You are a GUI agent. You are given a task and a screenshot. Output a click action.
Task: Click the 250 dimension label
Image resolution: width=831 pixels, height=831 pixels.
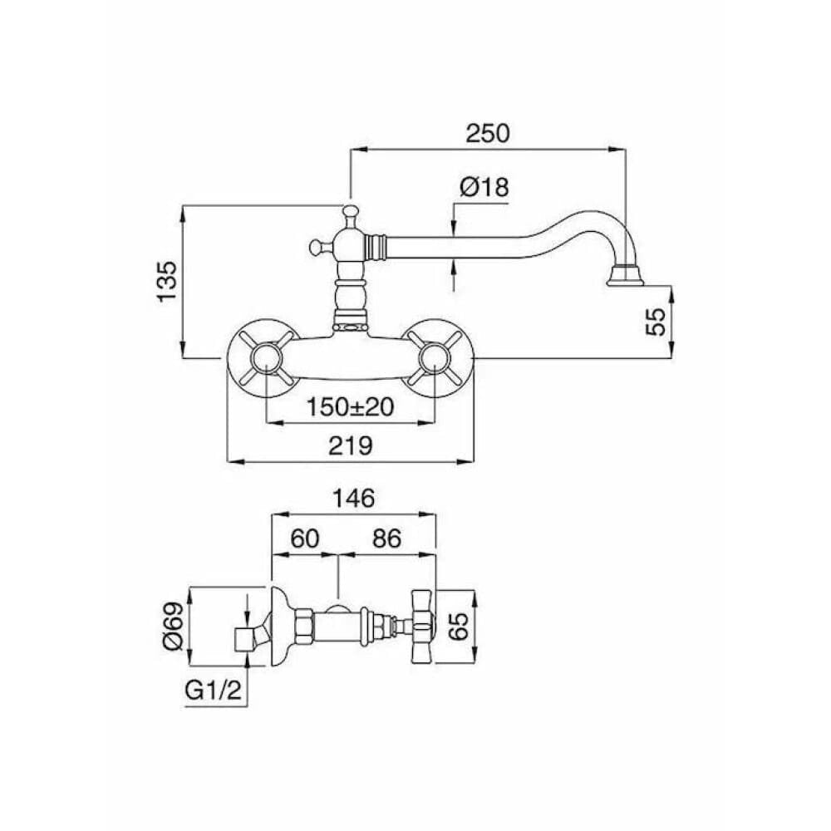[487, 133]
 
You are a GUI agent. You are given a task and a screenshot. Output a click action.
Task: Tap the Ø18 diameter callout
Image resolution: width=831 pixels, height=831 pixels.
[484, 187]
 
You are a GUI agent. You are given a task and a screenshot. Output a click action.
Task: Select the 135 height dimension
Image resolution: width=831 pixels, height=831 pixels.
[168, 282]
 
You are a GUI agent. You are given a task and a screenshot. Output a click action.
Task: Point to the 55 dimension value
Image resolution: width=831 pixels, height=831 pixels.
[656, 322]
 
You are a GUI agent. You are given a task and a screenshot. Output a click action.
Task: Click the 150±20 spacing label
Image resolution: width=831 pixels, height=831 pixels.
[351, 407]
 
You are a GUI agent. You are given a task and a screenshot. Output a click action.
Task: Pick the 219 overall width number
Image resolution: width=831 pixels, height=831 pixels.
[351, 445]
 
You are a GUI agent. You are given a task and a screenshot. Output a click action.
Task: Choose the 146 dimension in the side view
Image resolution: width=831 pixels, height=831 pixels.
[353, 498]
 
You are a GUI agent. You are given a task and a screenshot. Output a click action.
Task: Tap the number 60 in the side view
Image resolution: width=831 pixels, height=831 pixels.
[305, 539]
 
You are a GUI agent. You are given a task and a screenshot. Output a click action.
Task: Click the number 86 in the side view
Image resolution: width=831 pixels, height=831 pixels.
[386, 539]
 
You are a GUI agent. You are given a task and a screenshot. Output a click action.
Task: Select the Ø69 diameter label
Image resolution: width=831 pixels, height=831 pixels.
[174, 626]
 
